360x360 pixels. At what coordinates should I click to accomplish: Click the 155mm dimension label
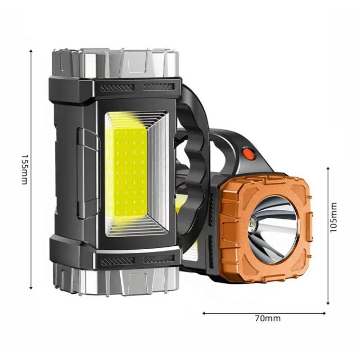(25, 170)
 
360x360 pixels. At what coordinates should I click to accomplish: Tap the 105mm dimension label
(333, 217)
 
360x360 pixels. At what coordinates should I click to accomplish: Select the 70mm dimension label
(268, 319)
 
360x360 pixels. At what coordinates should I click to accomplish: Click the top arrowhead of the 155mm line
(31, 51)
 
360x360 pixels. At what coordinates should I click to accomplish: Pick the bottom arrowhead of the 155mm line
(31, 288)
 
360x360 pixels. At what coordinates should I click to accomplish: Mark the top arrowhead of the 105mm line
(328, 169)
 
